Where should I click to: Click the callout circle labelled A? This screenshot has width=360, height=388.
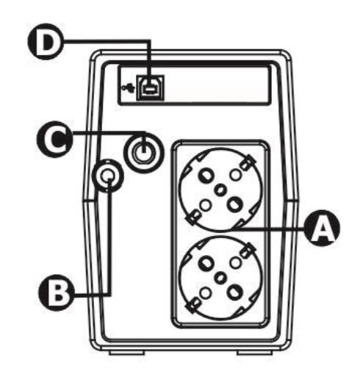tap(321, 228)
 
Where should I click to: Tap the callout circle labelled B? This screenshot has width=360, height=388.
tap(57, 292)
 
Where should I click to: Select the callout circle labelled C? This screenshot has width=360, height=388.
tap(54, 139)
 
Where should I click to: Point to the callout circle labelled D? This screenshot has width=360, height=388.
tap(46, 42)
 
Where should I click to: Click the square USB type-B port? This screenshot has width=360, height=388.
tap(150, 87)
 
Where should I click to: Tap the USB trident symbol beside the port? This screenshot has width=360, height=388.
tap(129, 88)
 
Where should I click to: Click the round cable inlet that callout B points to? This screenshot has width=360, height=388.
tap(108, 176)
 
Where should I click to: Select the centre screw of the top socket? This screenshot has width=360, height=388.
tap(220, 190)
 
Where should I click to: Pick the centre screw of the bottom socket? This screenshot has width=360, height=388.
tap(220, 278)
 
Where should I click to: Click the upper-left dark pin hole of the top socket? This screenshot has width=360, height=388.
tap(206, 175)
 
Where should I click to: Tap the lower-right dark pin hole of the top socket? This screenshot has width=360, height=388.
tap(235, 205)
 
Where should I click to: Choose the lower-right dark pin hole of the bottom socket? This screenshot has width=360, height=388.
tap(235, 292)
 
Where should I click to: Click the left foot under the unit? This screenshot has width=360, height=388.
tap(127, 353)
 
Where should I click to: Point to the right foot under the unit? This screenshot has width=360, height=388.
tap(255, 353)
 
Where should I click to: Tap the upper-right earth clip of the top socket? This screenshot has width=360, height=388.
tap(248, 162)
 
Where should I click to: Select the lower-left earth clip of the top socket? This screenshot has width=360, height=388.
tap(193, 217)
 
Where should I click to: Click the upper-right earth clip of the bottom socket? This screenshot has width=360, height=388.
tap(248, 250)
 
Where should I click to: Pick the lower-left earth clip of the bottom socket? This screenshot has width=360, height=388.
tap(193, 305)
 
